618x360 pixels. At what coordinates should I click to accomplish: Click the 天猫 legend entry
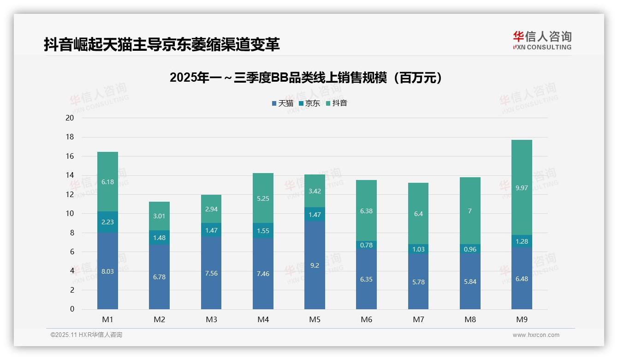282,103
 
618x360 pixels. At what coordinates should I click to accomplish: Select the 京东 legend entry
309,103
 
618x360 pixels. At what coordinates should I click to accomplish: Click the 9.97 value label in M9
522,188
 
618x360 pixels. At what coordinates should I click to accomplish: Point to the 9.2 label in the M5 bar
315,265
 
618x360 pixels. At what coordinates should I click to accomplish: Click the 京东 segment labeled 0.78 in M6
366,245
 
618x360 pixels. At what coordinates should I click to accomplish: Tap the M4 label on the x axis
263,319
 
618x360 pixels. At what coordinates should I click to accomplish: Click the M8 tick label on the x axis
470,319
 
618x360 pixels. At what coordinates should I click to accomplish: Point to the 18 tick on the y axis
70,137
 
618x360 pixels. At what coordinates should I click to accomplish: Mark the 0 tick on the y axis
72,309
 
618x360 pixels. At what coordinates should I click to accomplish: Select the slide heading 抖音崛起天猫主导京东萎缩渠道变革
162,44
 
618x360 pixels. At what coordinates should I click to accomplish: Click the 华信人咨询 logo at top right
542,40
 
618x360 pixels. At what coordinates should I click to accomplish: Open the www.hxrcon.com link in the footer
535,335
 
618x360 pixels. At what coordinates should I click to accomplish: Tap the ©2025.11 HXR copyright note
86,335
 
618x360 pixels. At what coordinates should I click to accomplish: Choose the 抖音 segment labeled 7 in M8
470,211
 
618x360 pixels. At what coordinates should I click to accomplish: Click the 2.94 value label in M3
211,209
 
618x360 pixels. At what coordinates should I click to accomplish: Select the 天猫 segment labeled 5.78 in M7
418,282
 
